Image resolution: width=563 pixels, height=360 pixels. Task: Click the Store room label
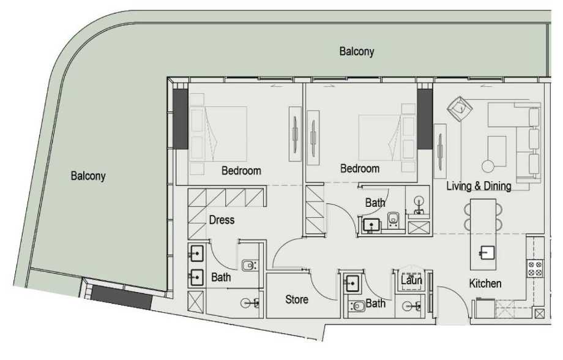(297, 300)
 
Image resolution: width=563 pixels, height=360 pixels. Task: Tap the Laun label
(411, 280)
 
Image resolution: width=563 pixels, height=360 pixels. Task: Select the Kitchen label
(485, 283)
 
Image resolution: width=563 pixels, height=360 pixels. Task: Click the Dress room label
(222, 220)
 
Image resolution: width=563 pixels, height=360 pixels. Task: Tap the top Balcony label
(357, 51)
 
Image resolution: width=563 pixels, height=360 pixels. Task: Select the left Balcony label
(88, 176)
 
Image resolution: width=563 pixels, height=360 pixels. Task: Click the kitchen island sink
(488, 252)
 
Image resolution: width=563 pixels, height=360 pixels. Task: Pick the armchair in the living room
(460, 110)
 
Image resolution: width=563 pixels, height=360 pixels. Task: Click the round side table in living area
(488, 166)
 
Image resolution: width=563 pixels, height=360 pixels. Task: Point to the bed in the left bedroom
(218, 133)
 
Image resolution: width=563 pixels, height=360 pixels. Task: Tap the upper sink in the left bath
(196, 253)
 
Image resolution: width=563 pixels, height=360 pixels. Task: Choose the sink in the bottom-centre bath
(352, 283)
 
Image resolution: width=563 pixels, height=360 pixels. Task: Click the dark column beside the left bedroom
(181, 119)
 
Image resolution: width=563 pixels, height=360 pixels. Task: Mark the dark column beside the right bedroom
(425, 119)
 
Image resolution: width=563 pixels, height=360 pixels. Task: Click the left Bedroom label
(241, 171)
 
